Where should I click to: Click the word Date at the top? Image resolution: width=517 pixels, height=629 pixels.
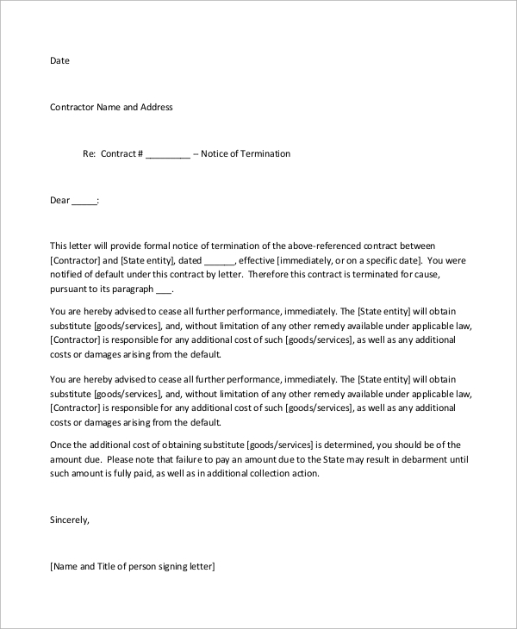[x=59, y=61]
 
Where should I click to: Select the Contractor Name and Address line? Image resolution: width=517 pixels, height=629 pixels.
[x=111, y=108]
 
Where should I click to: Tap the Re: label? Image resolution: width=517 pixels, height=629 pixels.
[x=88, y=154]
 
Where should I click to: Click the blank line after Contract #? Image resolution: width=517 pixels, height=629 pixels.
[x=167, y=155]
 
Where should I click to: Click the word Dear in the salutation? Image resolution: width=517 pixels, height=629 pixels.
[x=59, y=201]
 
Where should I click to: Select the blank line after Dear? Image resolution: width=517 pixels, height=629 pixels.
[x=84, y=202]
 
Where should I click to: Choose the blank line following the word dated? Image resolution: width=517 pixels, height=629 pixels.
[x=221, y=260]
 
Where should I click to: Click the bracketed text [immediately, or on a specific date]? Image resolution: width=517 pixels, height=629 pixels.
[x=354, y=260]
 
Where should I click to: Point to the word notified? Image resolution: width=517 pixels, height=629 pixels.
[x=69, y=275]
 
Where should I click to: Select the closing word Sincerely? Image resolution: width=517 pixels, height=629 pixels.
[x=70, y=520]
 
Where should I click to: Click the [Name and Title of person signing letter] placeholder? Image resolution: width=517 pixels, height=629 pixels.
[x=132, y=567]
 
